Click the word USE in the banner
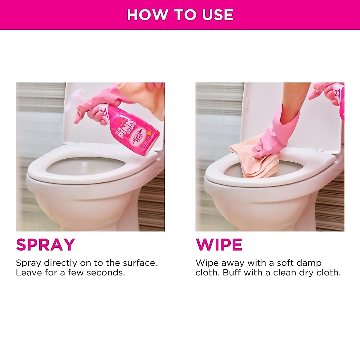(219, 15)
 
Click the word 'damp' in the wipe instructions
(309, 263)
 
